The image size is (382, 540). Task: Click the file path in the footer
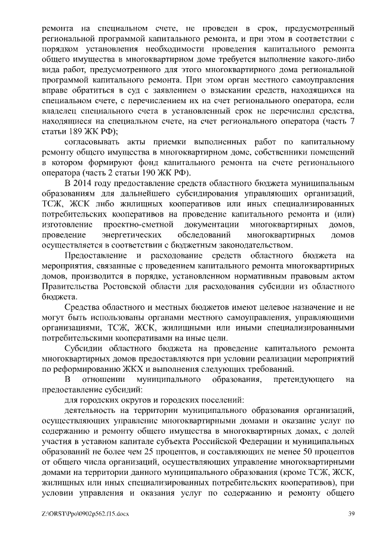81,514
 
